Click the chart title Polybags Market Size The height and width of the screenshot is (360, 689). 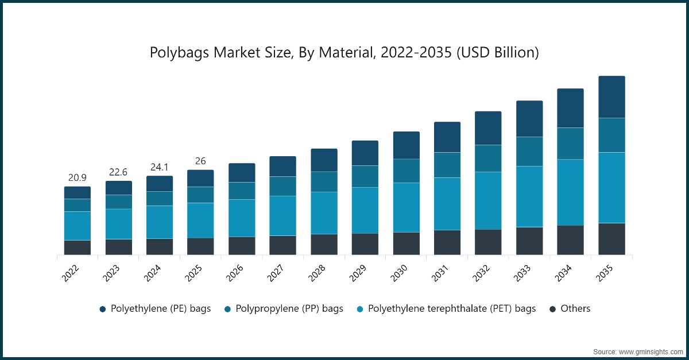(x=344, y=53)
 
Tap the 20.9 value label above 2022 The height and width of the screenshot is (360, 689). (x=78, y=177)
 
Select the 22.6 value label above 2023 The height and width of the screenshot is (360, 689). (x=118, y=172)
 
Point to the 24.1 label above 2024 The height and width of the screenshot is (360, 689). (x=160, y=167)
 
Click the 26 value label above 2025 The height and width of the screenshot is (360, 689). (x=200, y=161)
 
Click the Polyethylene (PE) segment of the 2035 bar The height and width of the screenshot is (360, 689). (x=611, y=97)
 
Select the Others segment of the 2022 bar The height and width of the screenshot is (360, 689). (x=78, y=247)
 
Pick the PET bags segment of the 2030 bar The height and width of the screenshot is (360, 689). (x=407, y=207)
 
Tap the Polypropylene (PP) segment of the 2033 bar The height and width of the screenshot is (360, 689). (x=529, y=152)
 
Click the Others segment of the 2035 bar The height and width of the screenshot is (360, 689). (x=611, y=239)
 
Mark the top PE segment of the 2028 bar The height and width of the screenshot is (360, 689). (x=324, y=160)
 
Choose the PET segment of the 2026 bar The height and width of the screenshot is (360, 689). (x=242, y=218)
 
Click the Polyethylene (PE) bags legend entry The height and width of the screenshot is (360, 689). (x=155, y=308)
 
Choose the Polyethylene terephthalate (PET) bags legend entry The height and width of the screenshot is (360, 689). (x=446, y=308)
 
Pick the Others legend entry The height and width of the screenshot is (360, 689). (x=570, y=308)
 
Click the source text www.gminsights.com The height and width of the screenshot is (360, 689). (x=637, y=351)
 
